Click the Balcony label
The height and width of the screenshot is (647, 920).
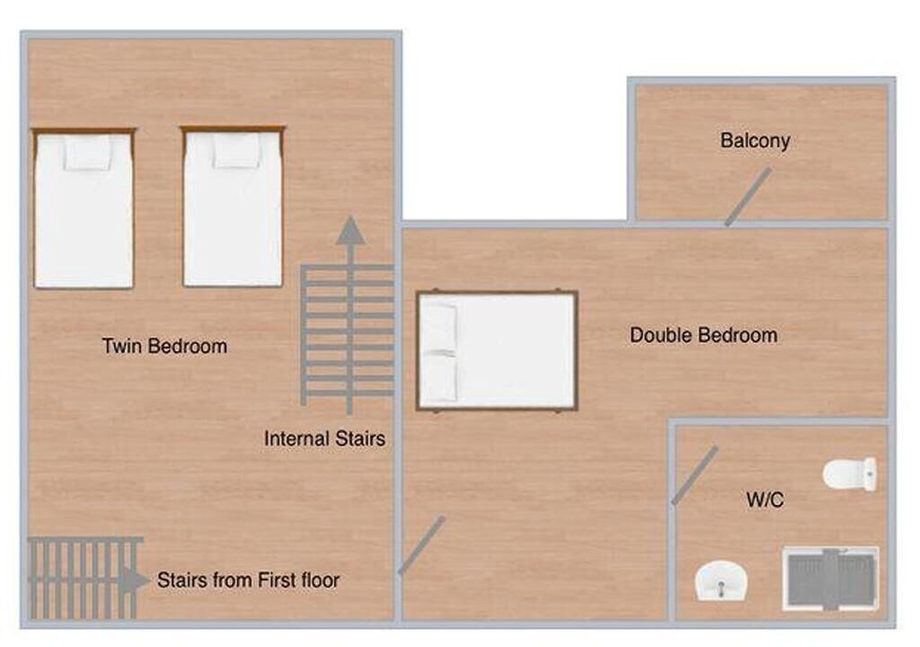point(755,141)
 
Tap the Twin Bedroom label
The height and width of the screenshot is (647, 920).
point(165,346)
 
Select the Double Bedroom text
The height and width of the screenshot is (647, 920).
point(703,335)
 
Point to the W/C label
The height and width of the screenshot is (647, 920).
point(765,501)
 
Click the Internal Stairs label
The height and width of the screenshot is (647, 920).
point(324,439)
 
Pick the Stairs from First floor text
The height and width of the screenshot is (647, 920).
point(248,581)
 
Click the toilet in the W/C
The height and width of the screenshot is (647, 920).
point(850,474)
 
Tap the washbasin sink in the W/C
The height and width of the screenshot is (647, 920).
point(721,581)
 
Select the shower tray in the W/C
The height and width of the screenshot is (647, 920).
point(830,579)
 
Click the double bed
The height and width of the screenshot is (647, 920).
point(497,350)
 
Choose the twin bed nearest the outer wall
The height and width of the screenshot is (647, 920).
point(84,208)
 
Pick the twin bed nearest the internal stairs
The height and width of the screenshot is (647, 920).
point(233,206)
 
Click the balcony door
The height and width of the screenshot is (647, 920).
point(748,198)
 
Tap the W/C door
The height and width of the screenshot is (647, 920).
point(694,475)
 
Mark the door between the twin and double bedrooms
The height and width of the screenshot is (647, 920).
point(421,545)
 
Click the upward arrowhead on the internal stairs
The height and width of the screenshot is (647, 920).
point(351,230)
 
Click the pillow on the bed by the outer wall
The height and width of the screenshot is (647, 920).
point(87,154)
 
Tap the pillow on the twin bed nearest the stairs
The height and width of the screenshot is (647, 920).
point(236,150)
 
